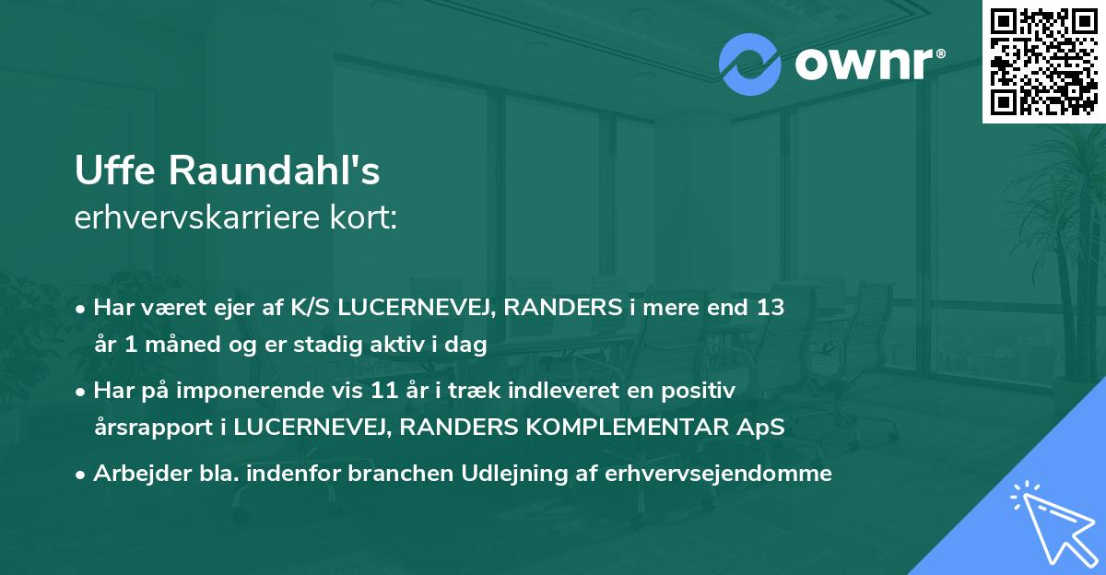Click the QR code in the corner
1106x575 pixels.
pos(1043,61)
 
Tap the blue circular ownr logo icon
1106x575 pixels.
pos(750,64)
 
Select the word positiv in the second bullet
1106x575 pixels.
pos(703,391)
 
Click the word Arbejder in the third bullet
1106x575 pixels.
pos(132,474)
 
